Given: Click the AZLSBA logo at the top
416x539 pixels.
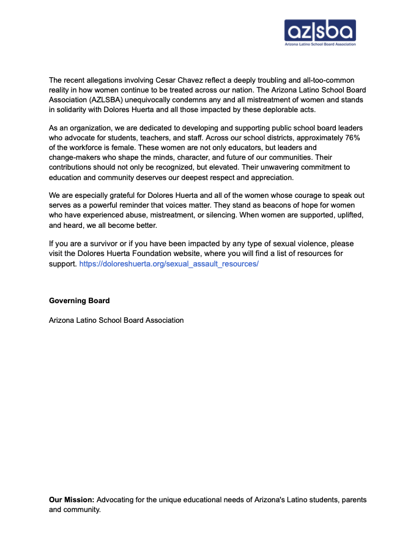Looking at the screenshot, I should (x=320, y=32).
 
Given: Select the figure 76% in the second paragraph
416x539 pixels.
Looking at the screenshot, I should (x=351, y=137).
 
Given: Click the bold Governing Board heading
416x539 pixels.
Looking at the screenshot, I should (x=80, y=301).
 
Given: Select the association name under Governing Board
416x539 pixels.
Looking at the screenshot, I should (x=116, y=320).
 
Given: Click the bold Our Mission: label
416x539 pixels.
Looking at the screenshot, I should (x=72, y=500).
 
